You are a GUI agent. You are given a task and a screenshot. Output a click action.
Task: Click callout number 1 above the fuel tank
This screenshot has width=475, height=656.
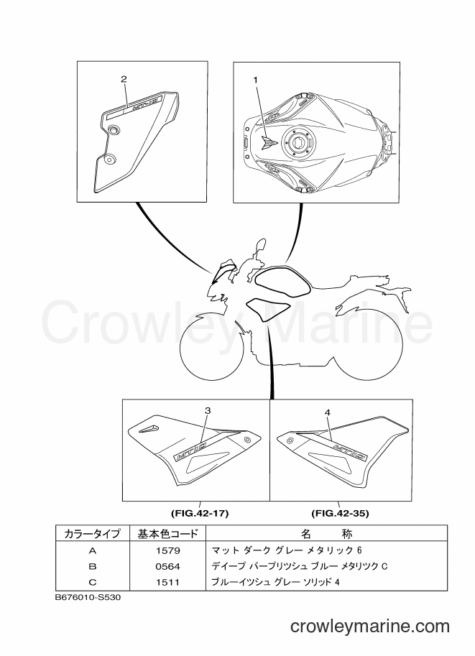pos(255,80)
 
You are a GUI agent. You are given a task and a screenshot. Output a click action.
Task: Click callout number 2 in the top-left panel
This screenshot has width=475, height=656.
pos(124,78)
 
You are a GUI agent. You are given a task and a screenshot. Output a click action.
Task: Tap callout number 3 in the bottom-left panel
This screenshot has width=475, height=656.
pos(208,411)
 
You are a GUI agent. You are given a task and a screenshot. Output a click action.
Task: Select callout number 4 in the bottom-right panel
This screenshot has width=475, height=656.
pos(328,412)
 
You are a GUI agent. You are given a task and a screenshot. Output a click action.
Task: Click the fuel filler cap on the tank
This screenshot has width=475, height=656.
pos(298,142)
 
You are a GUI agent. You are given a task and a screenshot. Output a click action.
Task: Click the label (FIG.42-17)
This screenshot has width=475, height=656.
pos(200,513)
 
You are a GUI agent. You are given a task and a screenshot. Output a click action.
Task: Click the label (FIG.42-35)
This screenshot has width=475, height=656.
pos(340,513)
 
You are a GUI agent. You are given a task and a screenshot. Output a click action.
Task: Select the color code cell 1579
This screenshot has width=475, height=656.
pos(167,550)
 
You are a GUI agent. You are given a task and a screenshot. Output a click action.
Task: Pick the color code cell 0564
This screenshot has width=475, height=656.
pos(167,566)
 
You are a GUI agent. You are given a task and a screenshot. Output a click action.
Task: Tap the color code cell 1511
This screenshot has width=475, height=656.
pos(167,582)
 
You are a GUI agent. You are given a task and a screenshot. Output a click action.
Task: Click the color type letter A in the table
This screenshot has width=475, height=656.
pos(93,550)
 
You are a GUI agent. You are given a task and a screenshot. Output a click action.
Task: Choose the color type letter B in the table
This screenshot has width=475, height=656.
pos(93,566)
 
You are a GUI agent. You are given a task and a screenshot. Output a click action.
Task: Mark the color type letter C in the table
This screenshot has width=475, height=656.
pos(93,582)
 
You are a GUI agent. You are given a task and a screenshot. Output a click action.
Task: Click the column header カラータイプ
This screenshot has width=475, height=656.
pos(92,533)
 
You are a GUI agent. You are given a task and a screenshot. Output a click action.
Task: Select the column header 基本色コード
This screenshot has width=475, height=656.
pos(167,533)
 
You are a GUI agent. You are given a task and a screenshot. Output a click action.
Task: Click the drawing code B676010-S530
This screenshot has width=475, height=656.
pos(88,597)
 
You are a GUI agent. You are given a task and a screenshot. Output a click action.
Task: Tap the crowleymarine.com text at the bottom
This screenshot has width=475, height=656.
pos(370,627)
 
